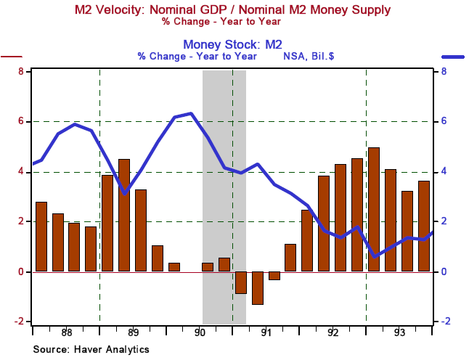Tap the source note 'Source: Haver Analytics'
click(91, 349)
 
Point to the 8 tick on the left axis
click(21, 71)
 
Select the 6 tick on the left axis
click(21, 121)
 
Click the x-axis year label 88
click(66, 333)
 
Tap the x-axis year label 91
click(266, 333)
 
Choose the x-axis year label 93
click(399, 333)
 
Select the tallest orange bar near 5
click(374, 209)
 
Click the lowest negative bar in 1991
click(257, 288)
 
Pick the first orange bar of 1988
click(41, 237)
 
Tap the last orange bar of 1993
click(424, 226)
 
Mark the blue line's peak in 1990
click(190, 113)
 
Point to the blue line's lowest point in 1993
click(374, 256)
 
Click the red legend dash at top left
click(12, 56)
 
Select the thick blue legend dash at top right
click(453, 56)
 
